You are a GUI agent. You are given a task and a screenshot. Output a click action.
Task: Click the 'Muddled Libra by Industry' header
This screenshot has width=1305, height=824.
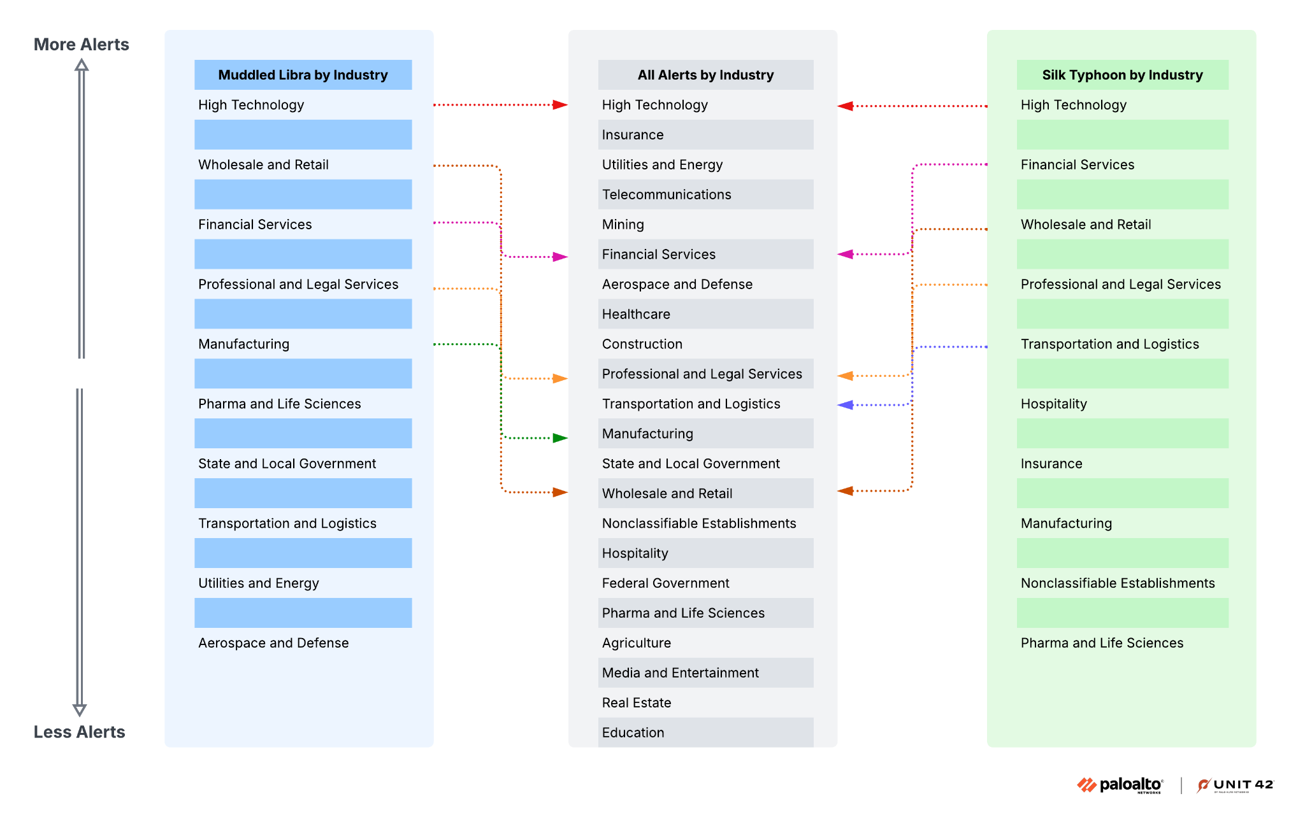[x=303, y=75]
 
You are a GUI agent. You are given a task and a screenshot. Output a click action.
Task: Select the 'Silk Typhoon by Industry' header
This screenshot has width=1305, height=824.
[x=1122, y=75]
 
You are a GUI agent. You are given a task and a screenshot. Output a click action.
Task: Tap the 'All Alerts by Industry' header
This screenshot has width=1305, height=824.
[x=705, y=75]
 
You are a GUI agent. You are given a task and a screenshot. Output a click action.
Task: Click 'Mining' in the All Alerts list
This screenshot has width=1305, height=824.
[x=623, y=225]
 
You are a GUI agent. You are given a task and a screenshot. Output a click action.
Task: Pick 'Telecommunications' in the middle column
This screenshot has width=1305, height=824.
[x=667, y=195]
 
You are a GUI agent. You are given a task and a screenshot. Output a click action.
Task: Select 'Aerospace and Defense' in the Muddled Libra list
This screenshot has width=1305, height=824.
[x=273, y=643]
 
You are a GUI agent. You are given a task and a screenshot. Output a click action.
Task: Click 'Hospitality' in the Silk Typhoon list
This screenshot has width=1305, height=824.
[x=1053, y=404]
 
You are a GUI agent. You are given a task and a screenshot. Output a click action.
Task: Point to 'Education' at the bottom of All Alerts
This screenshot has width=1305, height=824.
[x=633, y=733]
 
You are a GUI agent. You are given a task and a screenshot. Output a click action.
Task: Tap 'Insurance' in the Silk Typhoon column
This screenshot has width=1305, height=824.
[x=1051, y=464]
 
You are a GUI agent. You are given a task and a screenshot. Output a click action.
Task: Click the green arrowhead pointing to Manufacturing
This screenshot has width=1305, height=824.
[x=560, y=438]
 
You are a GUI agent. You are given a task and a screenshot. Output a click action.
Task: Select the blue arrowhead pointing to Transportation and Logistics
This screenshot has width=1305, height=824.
[x=846, y=405]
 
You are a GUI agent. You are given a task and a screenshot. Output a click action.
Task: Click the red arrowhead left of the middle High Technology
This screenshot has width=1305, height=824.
[x=560, y=105]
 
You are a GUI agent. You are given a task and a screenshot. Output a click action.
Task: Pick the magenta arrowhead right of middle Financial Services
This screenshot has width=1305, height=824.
[x=846, y=255]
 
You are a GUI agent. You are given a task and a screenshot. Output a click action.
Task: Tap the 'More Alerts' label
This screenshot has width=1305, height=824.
[x=81, y=45]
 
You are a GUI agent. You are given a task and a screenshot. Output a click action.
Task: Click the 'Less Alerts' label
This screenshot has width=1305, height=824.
[x=79, y=732]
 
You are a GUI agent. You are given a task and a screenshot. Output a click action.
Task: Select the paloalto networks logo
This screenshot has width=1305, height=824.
[x=1120, y=785]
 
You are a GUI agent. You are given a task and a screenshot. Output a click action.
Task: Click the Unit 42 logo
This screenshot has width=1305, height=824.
[x=1235, y=785]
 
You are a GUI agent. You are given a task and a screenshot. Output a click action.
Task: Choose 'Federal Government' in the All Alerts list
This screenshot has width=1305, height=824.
[x=665, y=583]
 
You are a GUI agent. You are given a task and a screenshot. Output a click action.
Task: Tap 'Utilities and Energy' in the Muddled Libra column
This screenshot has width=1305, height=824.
[x=258, y=583]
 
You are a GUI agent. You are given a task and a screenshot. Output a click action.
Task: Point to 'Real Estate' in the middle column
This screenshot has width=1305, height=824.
[x=636, y=703]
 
